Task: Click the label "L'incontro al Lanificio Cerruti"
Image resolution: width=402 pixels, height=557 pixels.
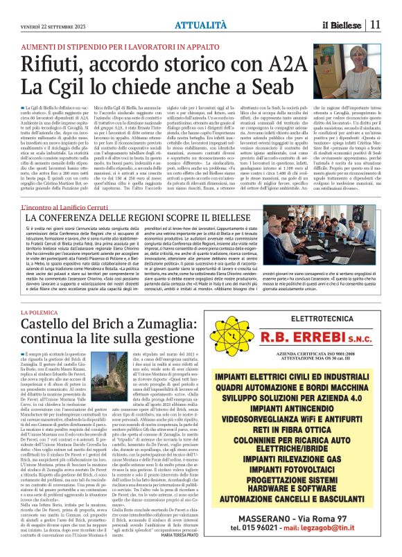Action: click(65, 206)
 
